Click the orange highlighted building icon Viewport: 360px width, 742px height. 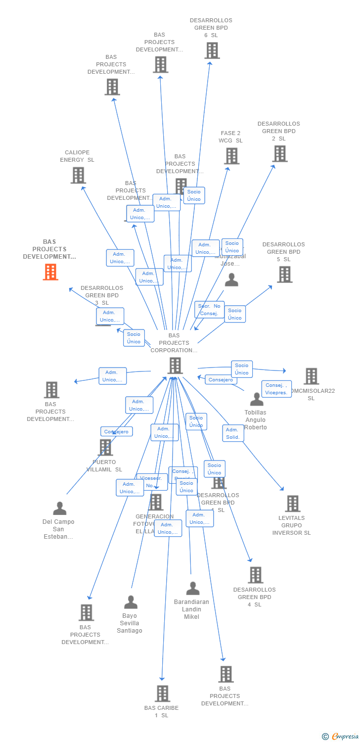[x=50, y=272]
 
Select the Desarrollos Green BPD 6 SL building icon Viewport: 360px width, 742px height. [x=212, y=50]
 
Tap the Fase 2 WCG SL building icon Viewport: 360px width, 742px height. [x=231, y=156]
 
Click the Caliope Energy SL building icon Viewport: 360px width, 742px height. [x=78, y=175]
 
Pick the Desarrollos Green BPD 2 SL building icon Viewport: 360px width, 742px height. [x=280, y=154]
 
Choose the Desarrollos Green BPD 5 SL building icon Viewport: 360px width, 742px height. [x=284, y=275]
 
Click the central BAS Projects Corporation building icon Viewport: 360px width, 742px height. [x=175, y=366]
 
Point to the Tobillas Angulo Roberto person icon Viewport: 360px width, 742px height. [x=257, y=399]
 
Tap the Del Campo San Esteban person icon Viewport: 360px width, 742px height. [x=60, y=508]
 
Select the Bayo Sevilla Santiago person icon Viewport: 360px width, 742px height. [x=131, y=602]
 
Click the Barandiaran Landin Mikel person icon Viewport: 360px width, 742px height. [x=193, y=589]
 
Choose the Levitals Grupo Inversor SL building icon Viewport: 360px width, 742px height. [x=293, y=504]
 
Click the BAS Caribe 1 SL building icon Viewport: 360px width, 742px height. [x=162, y=694]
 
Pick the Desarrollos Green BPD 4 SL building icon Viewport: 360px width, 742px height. [x=255, y=575]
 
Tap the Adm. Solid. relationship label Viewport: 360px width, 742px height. [x=233, y=433]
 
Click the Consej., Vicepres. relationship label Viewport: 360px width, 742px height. [x=276, y=389]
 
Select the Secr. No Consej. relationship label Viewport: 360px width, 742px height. [x=209, y=310]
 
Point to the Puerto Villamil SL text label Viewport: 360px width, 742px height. [x=104, y=465]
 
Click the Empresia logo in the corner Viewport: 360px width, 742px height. [x=340, y=736]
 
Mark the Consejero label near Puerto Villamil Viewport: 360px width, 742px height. [x=117, y=431]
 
